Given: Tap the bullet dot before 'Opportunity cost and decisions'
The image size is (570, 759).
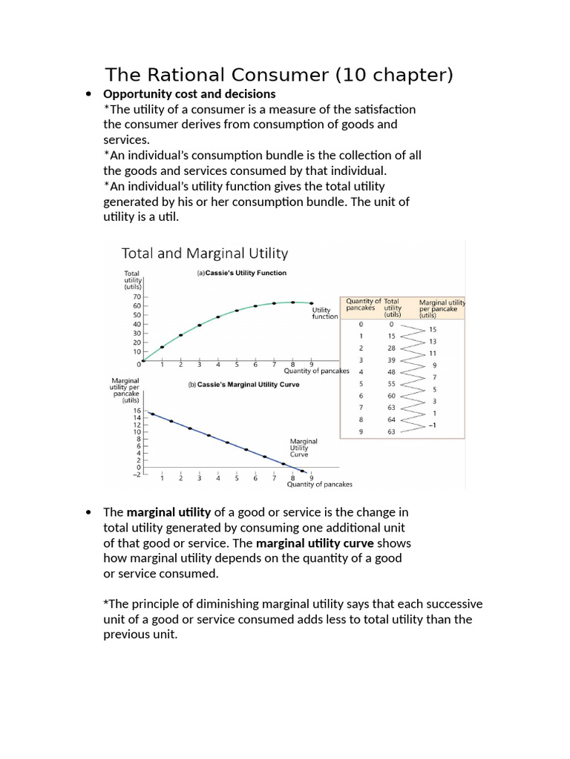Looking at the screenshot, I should (x=89, y=94).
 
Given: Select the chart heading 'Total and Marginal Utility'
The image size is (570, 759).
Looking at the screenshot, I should (x=204, y=253).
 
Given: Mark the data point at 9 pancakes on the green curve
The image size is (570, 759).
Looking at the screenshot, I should (x=311, y=302).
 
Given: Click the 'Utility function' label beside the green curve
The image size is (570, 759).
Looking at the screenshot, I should (x=324, y=313).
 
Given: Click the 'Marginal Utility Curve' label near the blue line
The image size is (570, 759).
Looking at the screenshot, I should (x=304, y=448).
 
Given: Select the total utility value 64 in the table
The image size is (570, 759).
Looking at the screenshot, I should (x=391, y=419).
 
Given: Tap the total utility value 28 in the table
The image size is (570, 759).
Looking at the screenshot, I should (x=391, y=348).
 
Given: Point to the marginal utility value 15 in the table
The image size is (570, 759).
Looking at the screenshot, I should (x=433, y=329).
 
